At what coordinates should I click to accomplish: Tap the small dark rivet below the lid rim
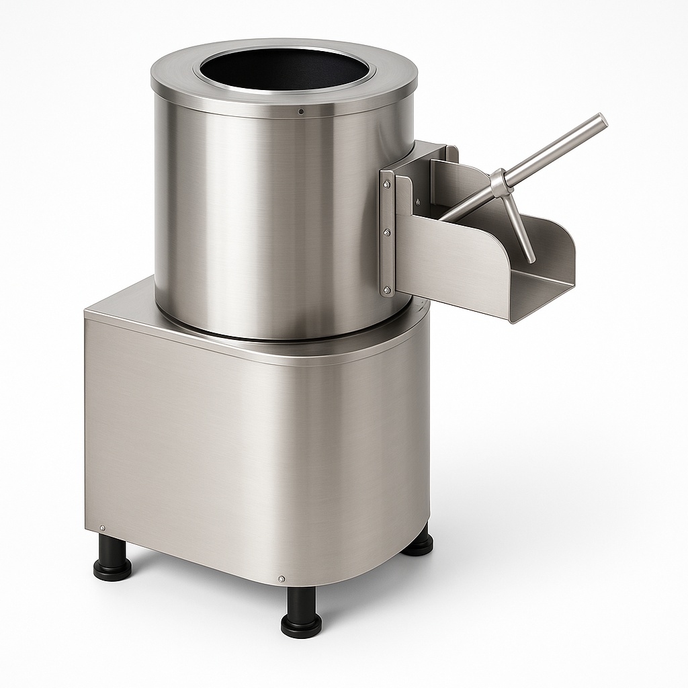click(301, 111)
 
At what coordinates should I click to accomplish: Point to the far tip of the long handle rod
click(600, 121)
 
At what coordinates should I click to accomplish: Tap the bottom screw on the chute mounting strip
click(387, 290)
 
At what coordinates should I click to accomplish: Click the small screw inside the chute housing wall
click(417, 200)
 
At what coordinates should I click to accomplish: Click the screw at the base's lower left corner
click(101, 528)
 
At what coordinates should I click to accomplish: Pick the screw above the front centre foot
click(281, 578)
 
